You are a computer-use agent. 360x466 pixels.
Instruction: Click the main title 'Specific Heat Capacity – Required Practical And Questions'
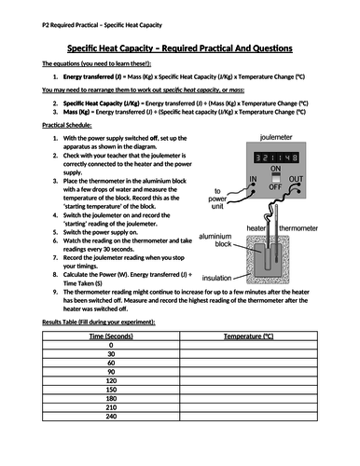pyautogui.click(x=179, y=48)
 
